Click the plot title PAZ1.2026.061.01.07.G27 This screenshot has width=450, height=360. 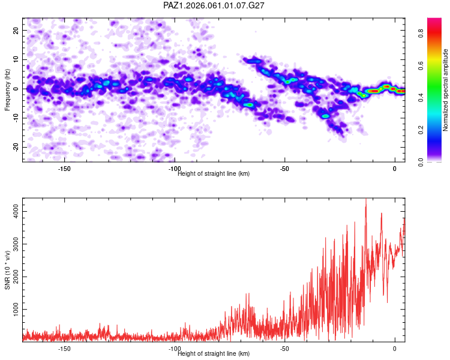[x=214, y=5]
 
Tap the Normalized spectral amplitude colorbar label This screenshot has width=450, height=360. [x=446, y=90]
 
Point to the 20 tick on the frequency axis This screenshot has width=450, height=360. [x=17, y=29]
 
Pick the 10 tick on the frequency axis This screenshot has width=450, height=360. [x=17, y=59]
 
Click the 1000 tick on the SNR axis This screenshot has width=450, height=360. [x=13, y=308]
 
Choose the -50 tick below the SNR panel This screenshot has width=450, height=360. [x=284, y=349]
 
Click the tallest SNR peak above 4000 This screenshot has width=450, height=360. [x=366, y=200]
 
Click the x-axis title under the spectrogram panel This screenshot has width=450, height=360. [x=214, y=174]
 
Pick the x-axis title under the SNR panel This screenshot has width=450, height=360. [x=214, y=354]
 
